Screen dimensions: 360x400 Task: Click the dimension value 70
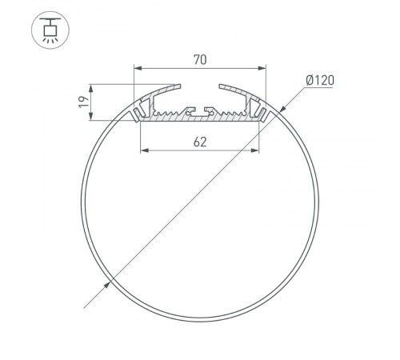(x=200, y=58)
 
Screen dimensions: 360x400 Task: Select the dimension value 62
(x=200, y=142)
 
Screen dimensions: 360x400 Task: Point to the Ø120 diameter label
(x=320, y=79)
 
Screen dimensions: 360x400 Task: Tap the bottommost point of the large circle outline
(x=200, y=318)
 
